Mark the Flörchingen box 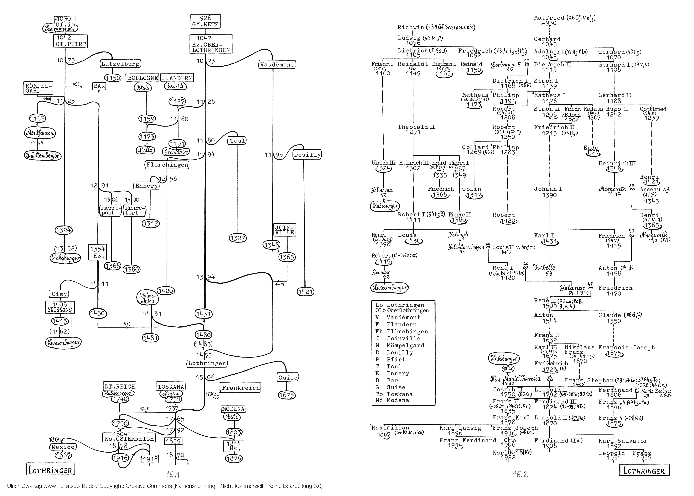click(x=167, y=165)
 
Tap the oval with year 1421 click(x=306, y=292)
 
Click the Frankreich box click(x=241, y=388)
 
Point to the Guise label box click(x=287, y=378)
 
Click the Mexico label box click(x=63, y=447)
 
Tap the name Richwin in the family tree click(x=410, y=27)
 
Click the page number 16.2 click(x=520, y=474)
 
